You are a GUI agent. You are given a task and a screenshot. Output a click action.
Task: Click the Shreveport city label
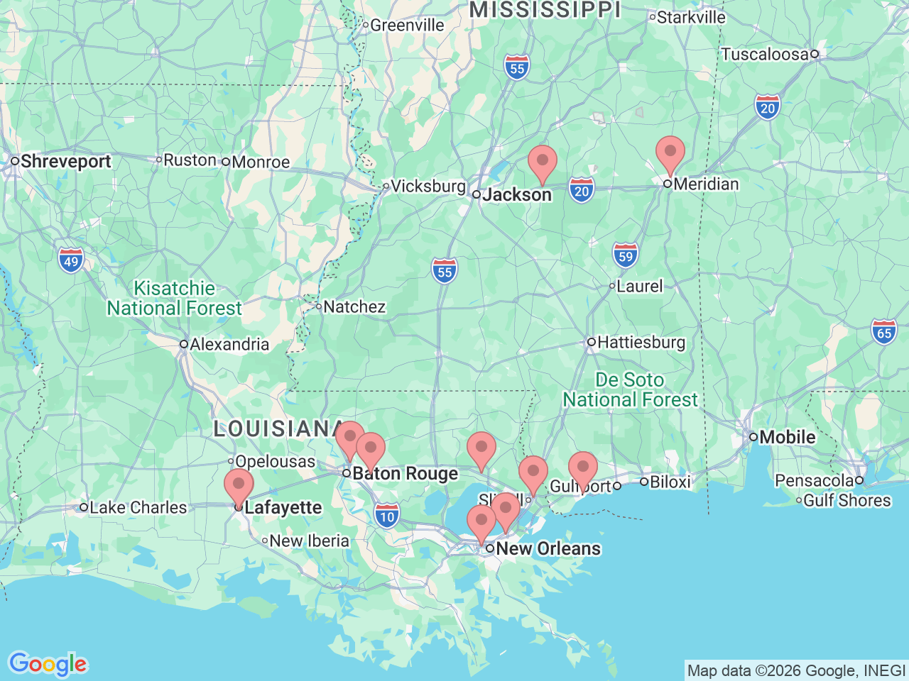pyautogui.click(x=65, y=162)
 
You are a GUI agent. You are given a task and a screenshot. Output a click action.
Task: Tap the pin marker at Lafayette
pyautogui.click(x=239, y=485)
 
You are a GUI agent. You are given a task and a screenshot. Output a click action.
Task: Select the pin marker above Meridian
pyautogui.click(x=670, y=153)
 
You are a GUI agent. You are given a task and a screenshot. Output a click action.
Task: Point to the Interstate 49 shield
pyautogui.click(x=71, y=260)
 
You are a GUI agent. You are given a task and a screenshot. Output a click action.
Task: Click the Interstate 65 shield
pyautogui.click(x=884, y=333)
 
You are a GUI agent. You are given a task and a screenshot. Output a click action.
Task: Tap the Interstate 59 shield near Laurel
pyautogui.click(x=626, y=256)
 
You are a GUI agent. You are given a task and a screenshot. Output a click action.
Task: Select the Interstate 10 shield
pyautogui.click(x=387, y=516)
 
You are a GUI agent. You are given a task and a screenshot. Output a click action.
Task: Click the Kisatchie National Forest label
pyautogui.click(x=175, y=299)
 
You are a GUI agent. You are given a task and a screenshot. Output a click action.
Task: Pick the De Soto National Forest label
pyautogui.click(x=631, y=390)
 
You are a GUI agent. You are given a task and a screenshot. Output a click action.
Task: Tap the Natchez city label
pyautogui.click(x=354, y=307)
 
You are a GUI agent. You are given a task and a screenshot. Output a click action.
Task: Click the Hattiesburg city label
pyautogui.click(x=641, y=343)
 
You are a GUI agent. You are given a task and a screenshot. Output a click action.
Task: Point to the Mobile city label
pyautogui.click(x=787, y=437)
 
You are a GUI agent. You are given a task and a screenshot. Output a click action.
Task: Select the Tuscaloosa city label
pyautogui.click(x=765, y=55)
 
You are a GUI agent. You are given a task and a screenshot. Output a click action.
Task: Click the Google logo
pyautogui.click(x=48, y=665)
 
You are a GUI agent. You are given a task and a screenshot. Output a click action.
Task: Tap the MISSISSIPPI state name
pyautogui.click(x=545, y=10)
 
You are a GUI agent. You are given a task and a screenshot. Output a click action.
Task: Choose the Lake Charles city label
pyautogui.click(x=138, y=508)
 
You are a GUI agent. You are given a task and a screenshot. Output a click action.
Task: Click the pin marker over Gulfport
pyautogui.click(x=583, y=468)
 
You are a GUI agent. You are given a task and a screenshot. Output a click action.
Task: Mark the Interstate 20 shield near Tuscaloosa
pyautogui.click(x=768, y=108)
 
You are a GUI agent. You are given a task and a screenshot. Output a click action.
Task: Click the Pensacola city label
pyautogui.click(x=814, y=481)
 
